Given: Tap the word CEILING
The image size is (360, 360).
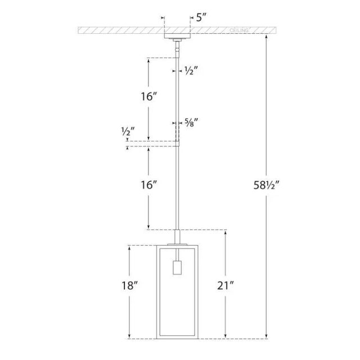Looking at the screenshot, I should coord(241,29).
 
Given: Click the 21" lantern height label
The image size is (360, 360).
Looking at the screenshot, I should coord(226,286).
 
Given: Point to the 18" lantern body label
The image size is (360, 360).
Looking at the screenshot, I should coord(129,286).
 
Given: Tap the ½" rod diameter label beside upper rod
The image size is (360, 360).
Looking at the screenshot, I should coord(192,71).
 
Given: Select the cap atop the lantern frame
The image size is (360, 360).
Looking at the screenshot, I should coord(178,238).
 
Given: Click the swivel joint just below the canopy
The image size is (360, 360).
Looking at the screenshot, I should coord(178,49).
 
